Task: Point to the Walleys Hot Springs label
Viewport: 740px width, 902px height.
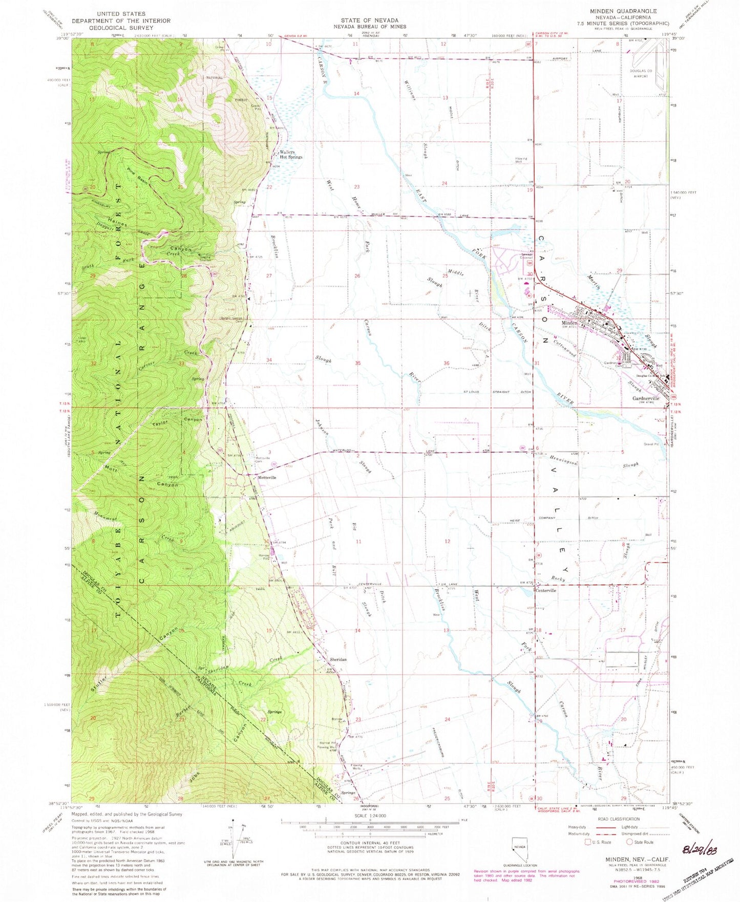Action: [x=291, y=155]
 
